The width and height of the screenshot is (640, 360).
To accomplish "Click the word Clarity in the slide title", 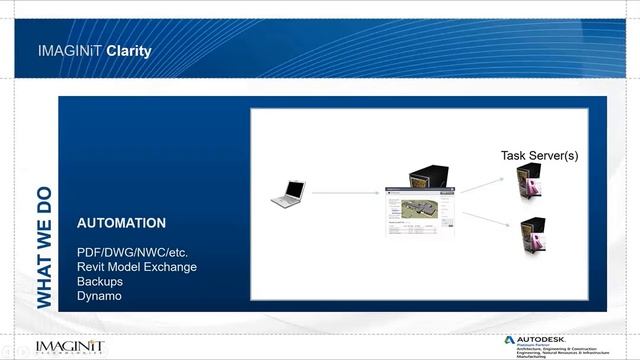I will tap(129, 50).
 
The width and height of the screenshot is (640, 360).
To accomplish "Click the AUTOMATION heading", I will tap(121, 223).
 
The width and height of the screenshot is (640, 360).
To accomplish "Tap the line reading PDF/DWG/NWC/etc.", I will tap(131, 252).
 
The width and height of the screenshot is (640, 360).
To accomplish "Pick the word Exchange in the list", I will tap(172, 267).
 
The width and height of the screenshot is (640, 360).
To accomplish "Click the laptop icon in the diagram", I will tap(288, 193).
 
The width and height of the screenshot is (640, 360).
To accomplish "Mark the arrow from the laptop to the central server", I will tap(345, 192).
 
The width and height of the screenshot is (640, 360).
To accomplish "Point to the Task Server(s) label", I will tap(539, 156).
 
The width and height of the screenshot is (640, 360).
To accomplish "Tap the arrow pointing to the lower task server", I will tap(483, 220).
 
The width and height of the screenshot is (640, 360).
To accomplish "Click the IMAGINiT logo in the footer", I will tap(69, 346).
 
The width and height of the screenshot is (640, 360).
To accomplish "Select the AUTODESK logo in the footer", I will tap(545, 340).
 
